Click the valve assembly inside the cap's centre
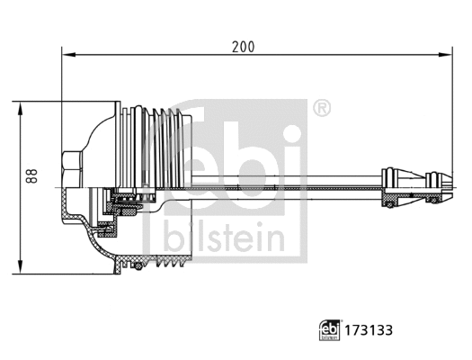(121, 203)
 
